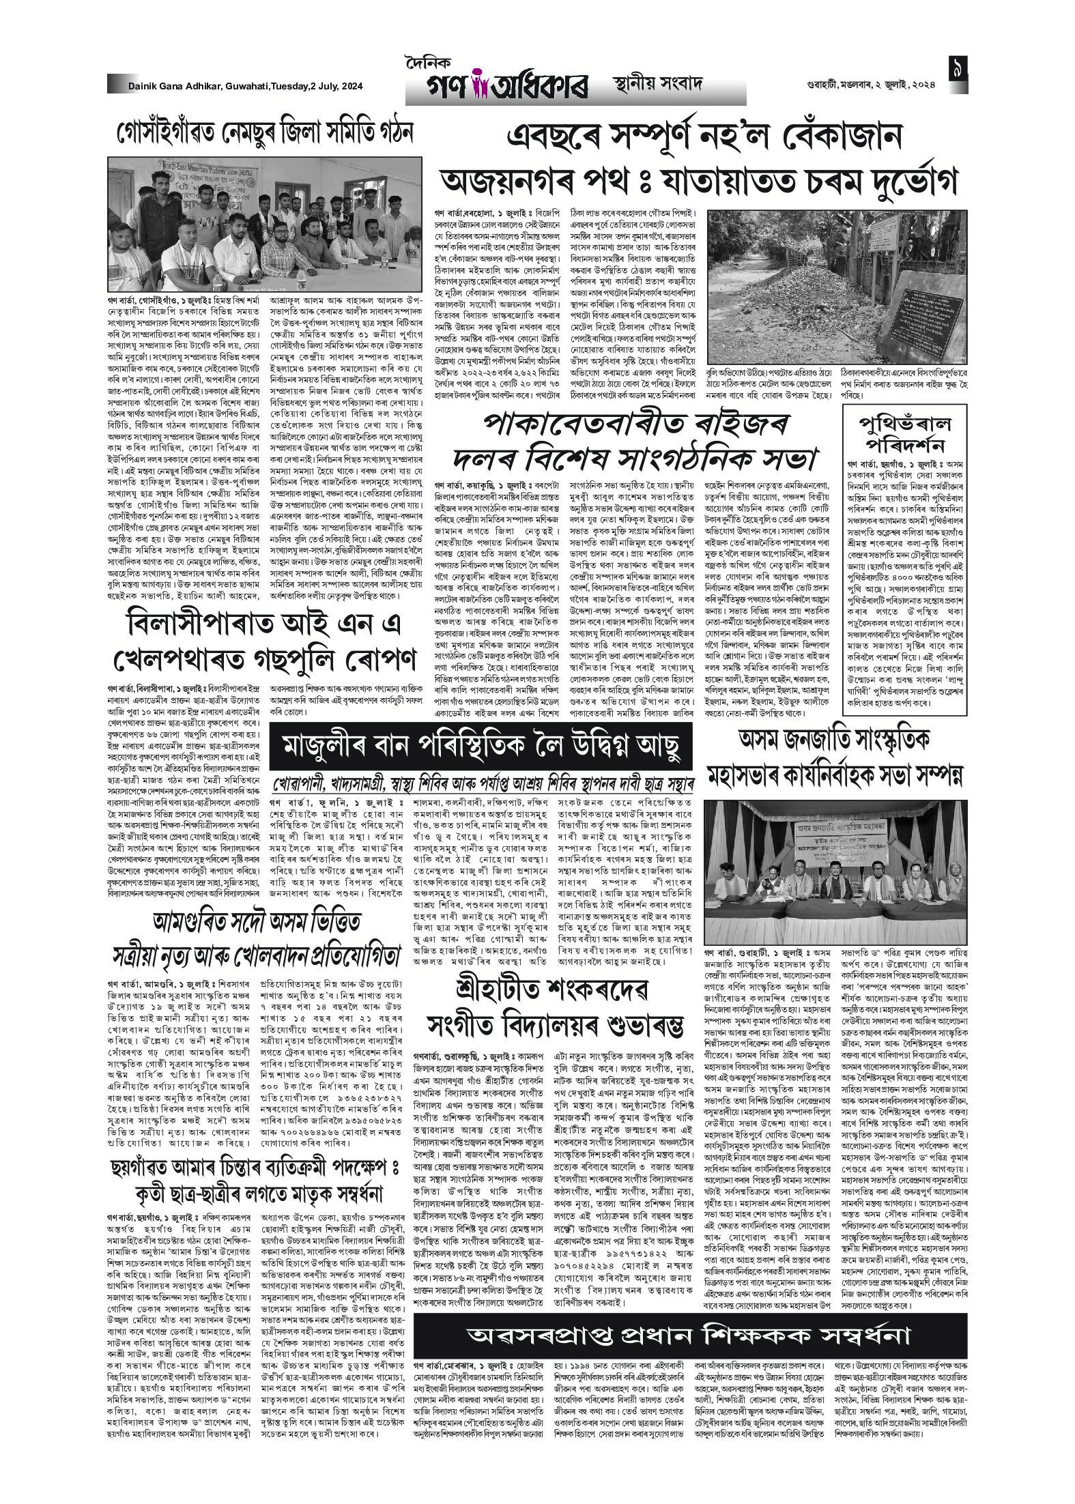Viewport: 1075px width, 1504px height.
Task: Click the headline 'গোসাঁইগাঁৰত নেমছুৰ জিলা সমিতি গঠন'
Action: click(x=265, y=131)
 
